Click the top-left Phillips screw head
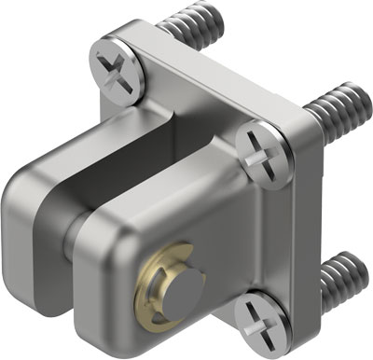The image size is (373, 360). (119, 71)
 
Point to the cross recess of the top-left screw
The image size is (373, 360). (118, 70)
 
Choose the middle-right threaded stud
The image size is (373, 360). (336, 114)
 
